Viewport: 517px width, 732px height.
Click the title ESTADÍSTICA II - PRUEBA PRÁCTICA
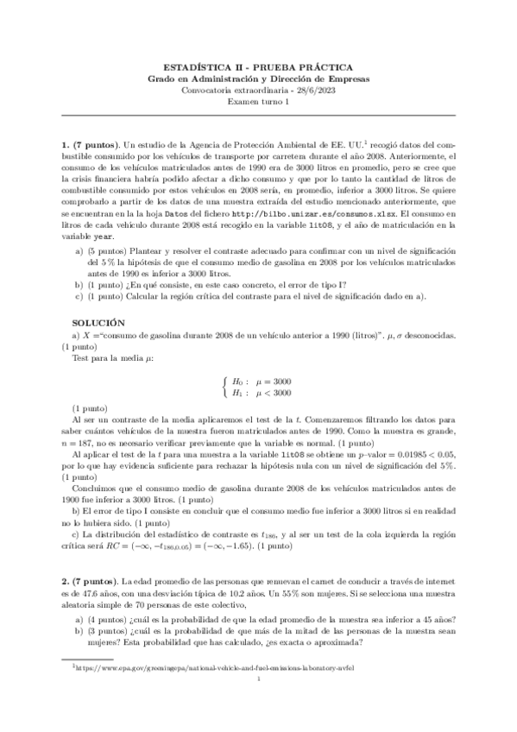coord(258,66)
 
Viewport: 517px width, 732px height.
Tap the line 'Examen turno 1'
coord(258,100)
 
